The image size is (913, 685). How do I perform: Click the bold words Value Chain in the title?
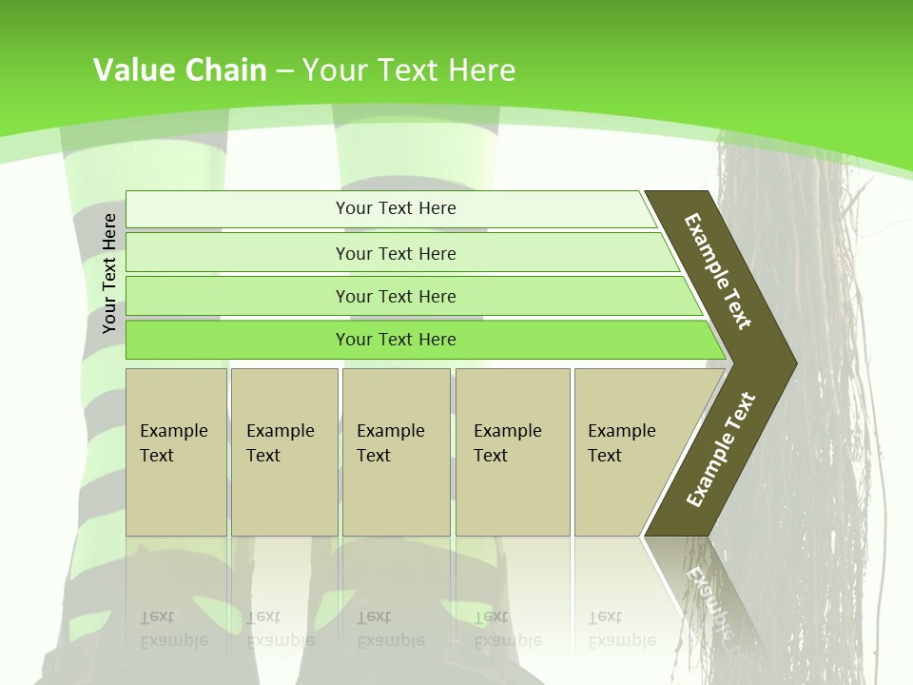[x=180, y=70]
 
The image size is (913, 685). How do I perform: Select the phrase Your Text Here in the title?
[x=409, y=70]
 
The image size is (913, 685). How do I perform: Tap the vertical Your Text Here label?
[x=109, y=273]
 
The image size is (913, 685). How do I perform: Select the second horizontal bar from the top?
[x=396, y=253]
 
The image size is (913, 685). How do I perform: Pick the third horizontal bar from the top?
[x=396, y=297]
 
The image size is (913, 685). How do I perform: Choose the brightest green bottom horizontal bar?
[x=396, y=340]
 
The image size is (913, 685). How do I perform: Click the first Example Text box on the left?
[x=176, y=452]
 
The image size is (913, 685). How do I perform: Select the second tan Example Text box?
[x=283, y=452]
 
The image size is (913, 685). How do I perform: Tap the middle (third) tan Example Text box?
[x=396, y=452]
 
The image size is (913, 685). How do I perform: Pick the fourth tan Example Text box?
[x=512, y=452]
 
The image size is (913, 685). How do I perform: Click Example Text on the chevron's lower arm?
[x=721, y=449]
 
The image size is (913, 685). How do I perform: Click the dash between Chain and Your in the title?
[x=284, y=71]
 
